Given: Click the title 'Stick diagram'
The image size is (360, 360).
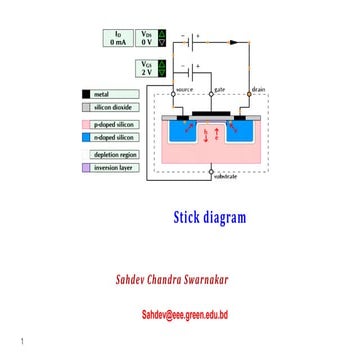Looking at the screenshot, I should point(209,218).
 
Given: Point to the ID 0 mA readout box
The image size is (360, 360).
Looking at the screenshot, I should point(118,39).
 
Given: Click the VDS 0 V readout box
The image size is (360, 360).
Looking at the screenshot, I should point(147,39).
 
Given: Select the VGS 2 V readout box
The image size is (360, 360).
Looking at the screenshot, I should point(147,68).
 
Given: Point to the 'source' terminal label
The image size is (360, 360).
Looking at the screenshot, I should point(184,88).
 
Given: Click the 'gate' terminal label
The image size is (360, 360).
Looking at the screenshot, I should point(219,88).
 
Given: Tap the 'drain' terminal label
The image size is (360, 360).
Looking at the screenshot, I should point(258,88).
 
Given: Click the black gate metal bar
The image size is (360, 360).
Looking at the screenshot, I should point(215,110).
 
